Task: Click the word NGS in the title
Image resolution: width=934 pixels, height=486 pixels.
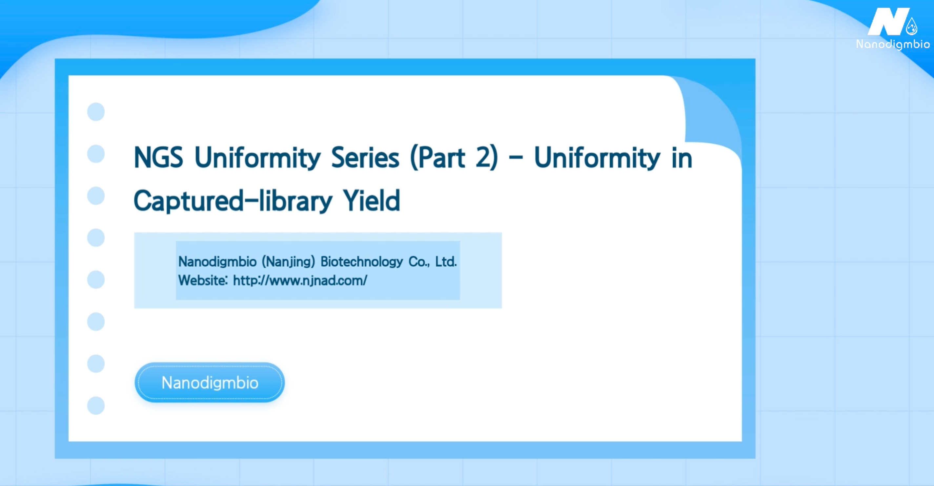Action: point(158,158)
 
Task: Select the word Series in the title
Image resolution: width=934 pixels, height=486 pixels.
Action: point(365,158)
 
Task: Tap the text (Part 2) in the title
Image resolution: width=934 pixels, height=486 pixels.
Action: point(454,158)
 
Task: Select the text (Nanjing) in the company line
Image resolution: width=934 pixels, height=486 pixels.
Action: point(288,262)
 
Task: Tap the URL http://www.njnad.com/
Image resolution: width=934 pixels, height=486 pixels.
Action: point(300,280)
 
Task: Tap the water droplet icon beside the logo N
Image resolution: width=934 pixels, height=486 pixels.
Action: point(911,27)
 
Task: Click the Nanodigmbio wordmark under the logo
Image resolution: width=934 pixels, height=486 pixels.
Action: point(893,44)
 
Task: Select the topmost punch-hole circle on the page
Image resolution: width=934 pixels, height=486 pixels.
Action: point(96,111)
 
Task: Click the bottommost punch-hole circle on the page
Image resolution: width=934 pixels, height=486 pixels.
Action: point(96,406)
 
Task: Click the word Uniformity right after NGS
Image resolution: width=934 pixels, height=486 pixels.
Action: point(257,158)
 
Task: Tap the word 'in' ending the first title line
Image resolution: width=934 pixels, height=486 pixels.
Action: point(682,158)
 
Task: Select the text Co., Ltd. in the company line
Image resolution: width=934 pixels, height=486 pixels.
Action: point(433,261)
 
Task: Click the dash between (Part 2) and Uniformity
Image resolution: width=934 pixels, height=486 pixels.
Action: point(516,158)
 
